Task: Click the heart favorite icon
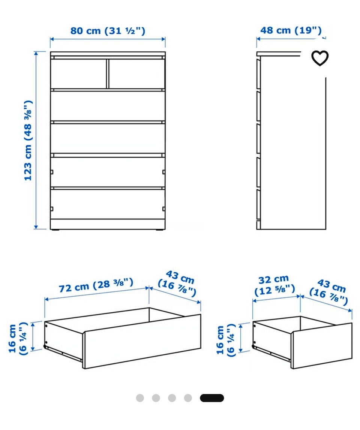[319, 58]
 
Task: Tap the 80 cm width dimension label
[108, 30]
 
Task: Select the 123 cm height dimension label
[28, 140]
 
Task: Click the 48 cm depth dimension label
[291, 30]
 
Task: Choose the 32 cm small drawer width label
[274, 285]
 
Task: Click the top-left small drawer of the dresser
[78, 73]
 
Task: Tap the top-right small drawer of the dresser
[137, 73]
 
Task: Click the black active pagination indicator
[212, 398]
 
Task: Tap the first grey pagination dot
[140, 398]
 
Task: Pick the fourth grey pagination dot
[188, 398]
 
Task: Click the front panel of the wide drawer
[142, 342]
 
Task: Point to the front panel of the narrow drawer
[321, 346]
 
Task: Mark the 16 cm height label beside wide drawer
[18, 339]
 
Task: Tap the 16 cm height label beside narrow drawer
[226, 340]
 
